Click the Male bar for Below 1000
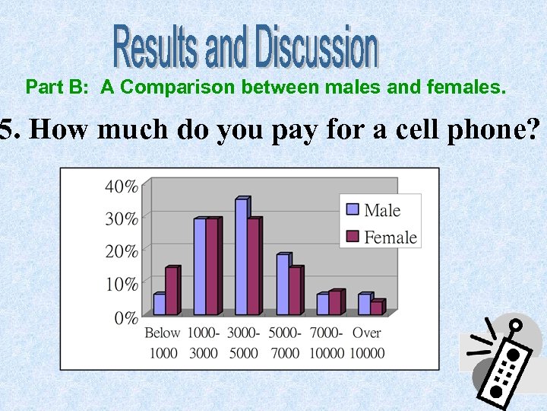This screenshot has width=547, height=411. click(159, 304)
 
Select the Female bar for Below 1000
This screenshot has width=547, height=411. click(171, 292)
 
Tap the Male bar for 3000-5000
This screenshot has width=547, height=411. click(241, 257)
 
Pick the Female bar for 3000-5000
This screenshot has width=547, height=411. click(254, 267)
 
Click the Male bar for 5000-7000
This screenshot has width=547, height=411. click(282, 285)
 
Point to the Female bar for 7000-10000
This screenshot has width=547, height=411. click(335, 303)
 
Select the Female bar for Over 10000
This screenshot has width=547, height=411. click(376, 307)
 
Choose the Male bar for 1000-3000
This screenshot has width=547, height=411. click(200, 267)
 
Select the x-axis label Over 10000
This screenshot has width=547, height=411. click(368, 342)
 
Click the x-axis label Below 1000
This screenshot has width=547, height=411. click(163, 342)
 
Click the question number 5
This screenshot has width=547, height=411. click(8, 130)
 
